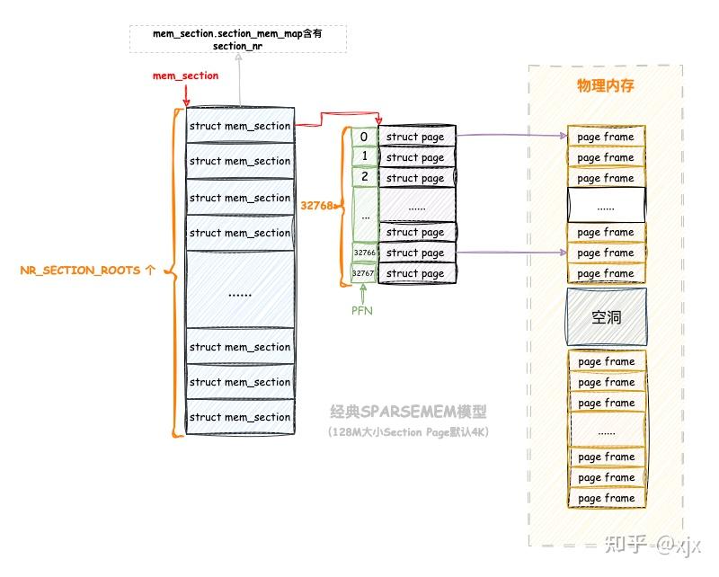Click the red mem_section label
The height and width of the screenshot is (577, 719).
point(185,75)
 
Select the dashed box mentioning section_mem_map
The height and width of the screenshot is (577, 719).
point(238,39)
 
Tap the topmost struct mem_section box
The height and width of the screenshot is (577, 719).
point(239,126)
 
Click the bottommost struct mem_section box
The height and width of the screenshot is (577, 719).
point(239,417)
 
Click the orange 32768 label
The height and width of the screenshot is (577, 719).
point(317,205)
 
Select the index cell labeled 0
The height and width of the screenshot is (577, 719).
point(364,137)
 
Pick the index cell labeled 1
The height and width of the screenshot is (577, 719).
point(364,157)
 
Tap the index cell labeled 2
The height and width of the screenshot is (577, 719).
point(364,178)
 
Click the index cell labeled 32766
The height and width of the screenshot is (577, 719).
point(364,253)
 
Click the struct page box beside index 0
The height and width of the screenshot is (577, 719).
point(416,137)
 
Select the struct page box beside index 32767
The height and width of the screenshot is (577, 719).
point(416,274)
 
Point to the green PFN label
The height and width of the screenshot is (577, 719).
point(363,310)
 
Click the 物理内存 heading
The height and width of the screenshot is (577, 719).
point(605,85)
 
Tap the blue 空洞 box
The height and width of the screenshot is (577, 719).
point(606,317)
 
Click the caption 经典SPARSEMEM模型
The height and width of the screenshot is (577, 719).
point(413,413)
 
